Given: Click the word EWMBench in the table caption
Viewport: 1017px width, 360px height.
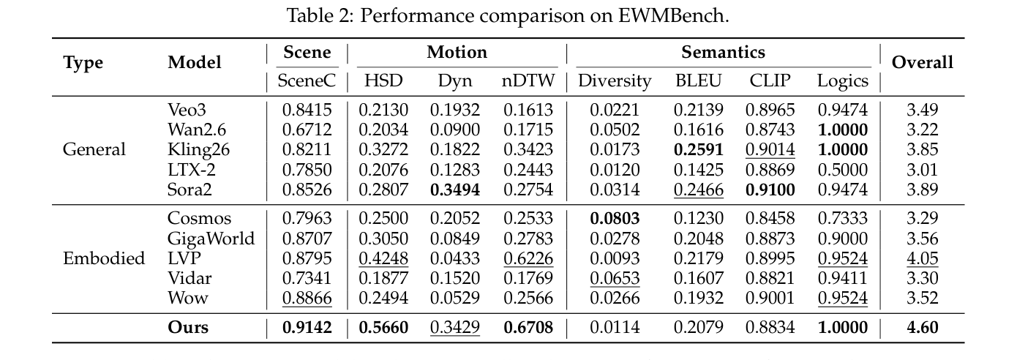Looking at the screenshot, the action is click(673, 16).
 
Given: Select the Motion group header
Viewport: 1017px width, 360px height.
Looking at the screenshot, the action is click(457, 52).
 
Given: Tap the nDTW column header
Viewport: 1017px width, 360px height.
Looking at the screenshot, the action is click(528, 80).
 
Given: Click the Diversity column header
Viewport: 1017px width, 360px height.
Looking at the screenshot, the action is click(615, 80).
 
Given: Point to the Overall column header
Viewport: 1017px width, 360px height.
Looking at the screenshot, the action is click(922, 62).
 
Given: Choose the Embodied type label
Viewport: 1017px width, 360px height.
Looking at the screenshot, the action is click(103, 258).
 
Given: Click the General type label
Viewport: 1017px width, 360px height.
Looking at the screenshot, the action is click(94, 149).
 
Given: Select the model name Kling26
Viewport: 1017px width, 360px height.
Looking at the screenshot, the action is click(198, 150).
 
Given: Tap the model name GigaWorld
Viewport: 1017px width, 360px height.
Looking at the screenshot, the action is click(211, 239).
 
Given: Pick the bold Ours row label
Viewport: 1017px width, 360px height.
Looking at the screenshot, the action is click(188, 327).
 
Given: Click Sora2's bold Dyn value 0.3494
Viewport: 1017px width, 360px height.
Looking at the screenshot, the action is click(455, 190).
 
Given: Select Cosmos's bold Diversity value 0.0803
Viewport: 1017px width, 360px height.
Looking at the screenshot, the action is click(615, 218).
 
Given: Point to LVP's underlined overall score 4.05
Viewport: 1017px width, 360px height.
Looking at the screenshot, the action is click(922, 258).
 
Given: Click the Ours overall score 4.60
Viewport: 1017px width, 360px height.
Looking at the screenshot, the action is click(922, 327).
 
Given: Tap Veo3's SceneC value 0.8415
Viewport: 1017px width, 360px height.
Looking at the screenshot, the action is click(307, 110).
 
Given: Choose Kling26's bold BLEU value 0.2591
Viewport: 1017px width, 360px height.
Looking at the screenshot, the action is click(698, 149).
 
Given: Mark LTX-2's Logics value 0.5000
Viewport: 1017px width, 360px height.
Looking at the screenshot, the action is click(843, 170).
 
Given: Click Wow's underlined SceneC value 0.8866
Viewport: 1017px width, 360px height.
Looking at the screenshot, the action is click(307, 299).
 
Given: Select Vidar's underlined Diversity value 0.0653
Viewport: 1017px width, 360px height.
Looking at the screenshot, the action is click(615, 278).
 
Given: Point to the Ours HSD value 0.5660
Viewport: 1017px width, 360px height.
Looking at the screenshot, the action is click(383, 327).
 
